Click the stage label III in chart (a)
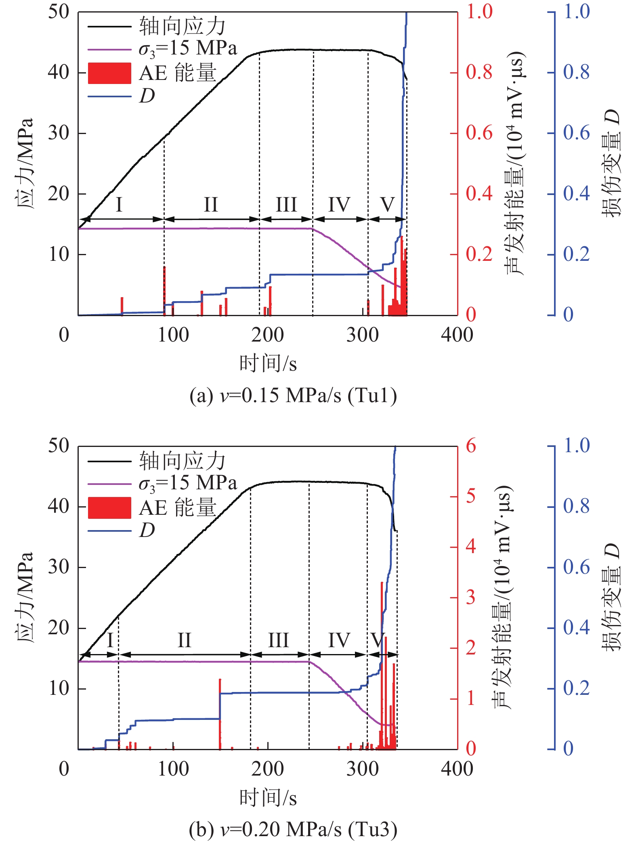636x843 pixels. click(286, 204)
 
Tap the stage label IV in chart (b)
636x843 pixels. click(339, 640)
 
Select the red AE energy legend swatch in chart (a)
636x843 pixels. click(109, 73)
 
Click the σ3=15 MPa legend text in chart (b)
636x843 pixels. click(187, 483)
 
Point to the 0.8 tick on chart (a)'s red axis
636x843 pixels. click(479, 72)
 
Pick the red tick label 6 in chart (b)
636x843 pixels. click(471, 446)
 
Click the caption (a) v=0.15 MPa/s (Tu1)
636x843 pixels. click(293, 395)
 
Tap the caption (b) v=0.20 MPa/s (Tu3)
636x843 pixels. click(293, 829)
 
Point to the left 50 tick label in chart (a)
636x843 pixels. click(59, 12)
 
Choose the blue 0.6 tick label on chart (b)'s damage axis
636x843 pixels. click(576, 567)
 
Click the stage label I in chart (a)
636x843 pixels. click(119, 204)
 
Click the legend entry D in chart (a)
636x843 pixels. click(147, 96)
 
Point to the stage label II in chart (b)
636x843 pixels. click(184, 640)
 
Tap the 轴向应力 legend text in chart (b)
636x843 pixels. click(182, 461)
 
